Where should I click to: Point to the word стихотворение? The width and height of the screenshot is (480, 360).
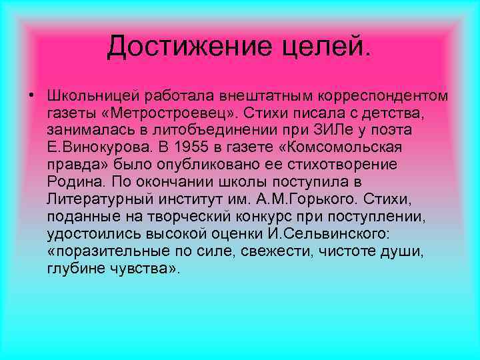pyautogui.click(x=349, y=164)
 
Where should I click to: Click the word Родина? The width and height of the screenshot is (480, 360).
pyautogui.click(x=73, y=181)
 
